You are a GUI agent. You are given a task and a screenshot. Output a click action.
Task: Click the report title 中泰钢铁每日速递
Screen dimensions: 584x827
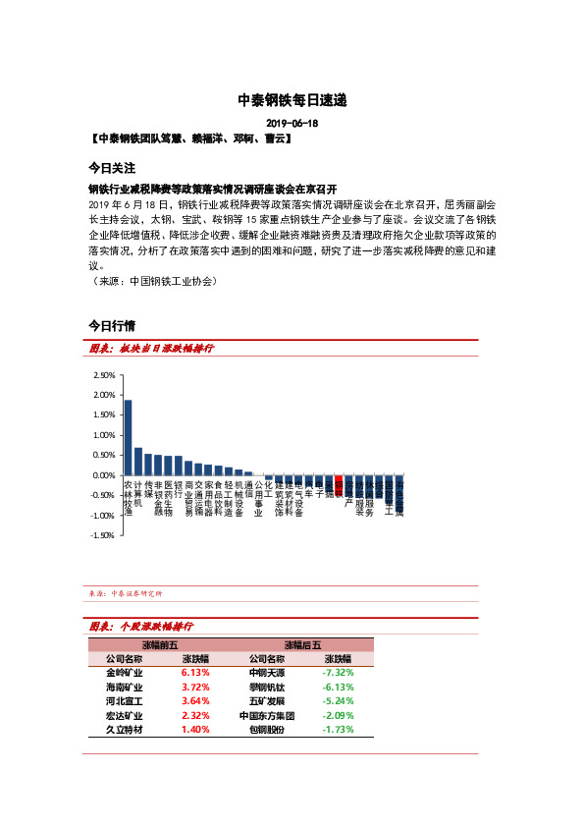[x=292, y=100]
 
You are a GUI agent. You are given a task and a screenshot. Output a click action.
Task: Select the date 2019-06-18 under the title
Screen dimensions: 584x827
[x=292, y=124]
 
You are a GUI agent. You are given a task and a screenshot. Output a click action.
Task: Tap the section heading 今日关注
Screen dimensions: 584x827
[x=111, y=168]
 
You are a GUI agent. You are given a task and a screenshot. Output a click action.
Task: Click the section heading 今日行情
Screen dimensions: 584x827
[x=111, y=325]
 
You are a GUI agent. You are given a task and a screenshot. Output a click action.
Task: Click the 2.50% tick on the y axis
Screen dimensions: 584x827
[x=103, y=375]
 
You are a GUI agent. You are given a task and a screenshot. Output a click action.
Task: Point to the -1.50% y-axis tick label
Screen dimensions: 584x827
[x=102, y=535]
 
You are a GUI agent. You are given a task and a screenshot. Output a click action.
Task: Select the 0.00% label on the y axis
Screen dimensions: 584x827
[x=103, y=475]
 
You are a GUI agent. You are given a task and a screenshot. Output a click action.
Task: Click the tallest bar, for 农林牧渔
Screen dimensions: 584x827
[x=128, y=437]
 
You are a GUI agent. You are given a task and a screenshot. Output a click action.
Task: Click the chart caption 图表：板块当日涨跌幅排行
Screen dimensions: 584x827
[x=151, y=349]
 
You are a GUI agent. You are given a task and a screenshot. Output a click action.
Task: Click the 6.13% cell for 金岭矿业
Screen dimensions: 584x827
[x=196, y=673]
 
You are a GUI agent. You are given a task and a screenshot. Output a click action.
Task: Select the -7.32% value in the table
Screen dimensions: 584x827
[x=338, y=673]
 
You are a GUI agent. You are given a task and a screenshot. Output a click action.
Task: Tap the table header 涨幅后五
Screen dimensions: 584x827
[x=302, y=644]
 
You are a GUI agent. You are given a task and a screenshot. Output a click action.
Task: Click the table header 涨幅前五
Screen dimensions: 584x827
[x=160, y=644]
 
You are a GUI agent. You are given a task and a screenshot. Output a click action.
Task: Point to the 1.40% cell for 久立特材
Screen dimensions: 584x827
[x=196, y=731]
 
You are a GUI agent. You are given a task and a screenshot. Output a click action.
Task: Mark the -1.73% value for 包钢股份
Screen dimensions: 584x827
[x=338, y=731]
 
